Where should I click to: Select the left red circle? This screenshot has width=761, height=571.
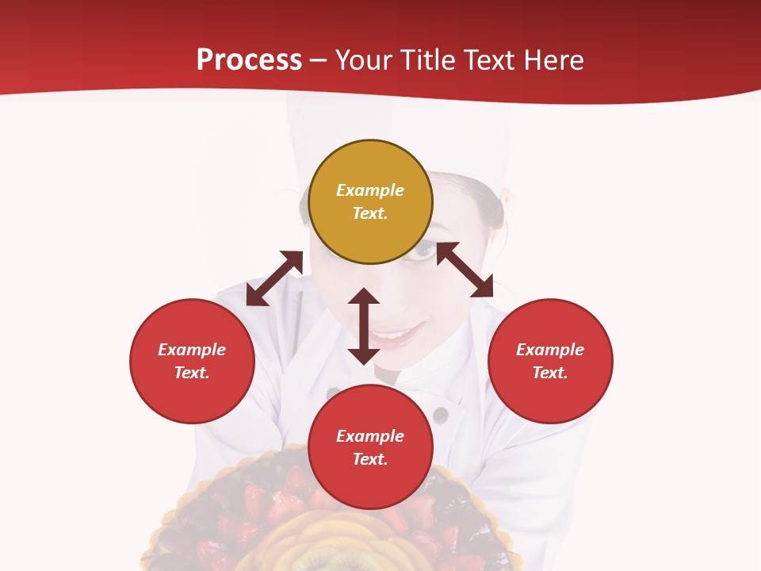pos(192,361)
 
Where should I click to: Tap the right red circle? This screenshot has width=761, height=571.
pos(550,361)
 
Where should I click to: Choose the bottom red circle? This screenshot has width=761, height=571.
pos(370,446)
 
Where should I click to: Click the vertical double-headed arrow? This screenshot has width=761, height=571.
pos(364,326)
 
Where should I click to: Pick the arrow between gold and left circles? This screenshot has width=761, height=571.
pos(274,278)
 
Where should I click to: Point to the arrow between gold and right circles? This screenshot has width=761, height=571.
pos(465,270)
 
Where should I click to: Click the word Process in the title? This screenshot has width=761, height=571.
pos(249,60)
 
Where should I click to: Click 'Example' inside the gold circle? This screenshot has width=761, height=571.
pos(370,190)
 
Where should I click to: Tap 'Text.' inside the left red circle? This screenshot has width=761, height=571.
pos(192,373)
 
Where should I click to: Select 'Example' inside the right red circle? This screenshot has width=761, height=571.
pos(550,350)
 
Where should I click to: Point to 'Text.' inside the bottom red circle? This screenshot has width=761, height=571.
pos(370,459)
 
